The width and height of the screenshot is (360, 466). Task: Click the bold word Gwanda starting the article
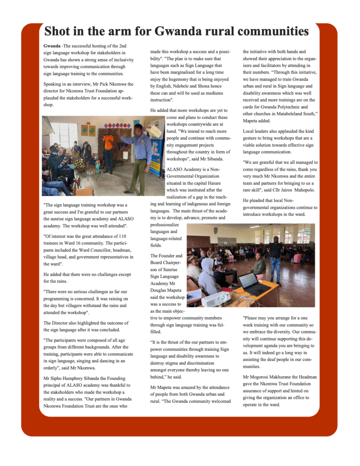[x=52, y=46]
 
